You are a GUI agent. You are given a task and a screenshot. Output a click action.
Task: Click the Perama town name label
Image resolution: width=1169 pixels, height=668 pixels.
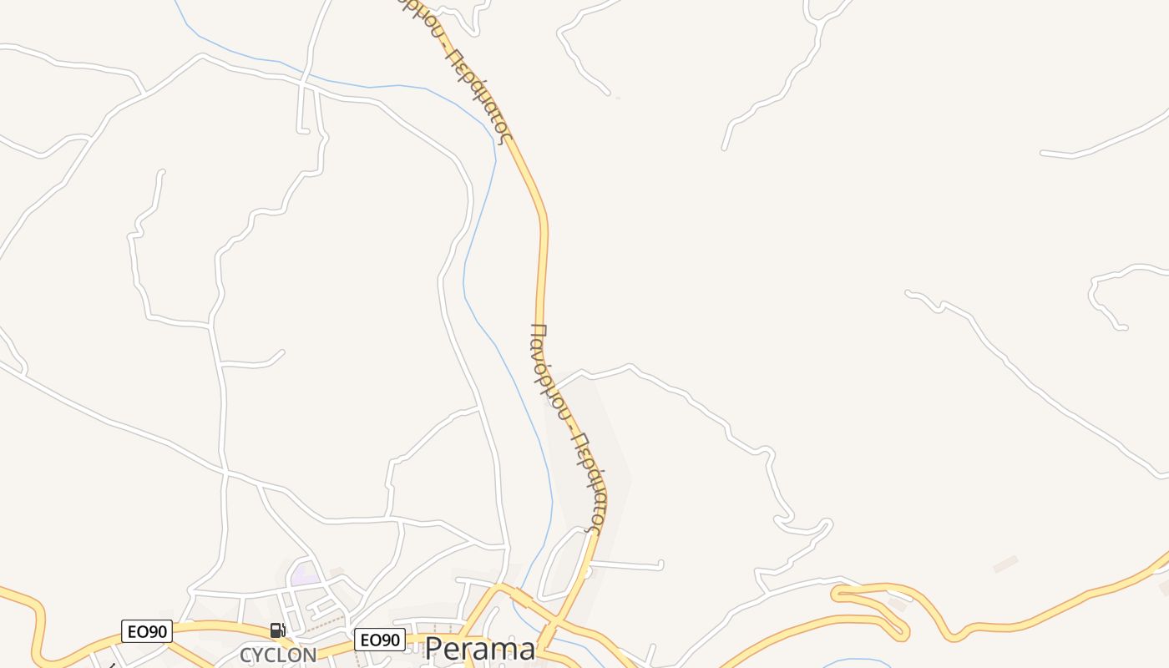coord(479,649)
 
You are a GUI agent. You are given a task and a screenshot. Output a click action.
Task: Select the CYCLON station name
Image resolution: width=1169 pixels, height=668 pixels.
coord(278,655)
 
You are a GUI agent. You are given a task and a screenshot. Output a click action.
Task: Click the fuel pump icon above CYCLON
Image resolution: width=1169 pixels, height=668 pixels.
coord(277,630)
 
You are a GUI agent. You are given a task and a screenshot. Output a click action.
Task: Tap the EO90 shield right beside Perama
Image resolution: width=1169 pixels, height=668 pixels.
coord(380,640)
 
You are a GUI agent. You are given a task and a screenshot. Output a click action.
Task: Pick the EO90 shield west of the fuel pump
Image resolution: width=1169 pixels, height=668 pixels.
coord(147,631)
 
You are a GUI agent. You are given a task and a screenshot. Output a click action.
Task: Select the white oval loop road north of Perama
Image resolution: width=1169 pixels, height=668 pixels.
coord(564,564)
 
